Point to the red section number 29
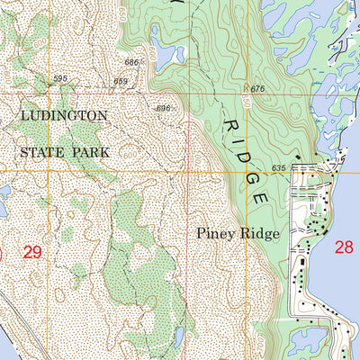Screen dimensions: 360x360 tap(33, 254)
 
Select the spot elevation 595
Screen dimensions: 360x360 tap(60, 79)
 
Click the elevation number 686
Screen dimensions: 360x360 tap(133, 62)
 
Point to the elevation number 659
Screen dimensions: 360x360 tap(120, 82)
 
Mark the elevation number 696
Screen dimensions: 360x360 tap(163, 108)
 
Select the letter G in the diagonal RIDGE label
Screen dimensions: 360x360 tap(254, 175)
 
